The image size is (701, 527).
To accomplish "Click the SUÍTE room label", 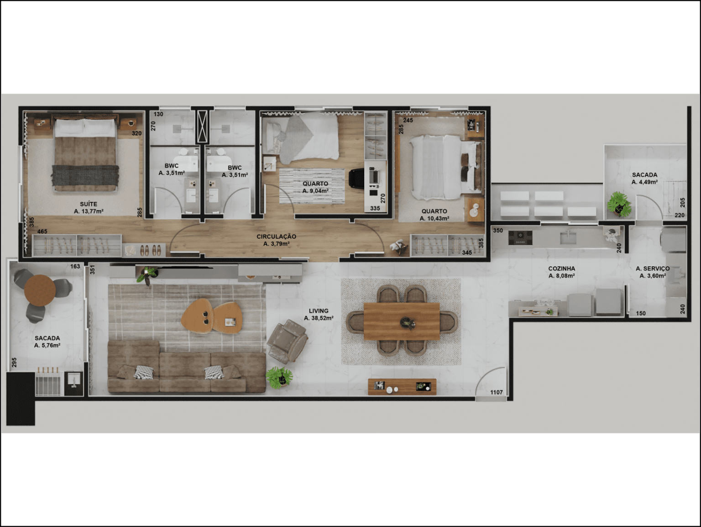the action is click(89, 204).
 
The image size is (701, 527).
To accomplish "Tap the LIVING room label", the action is click(319, 311).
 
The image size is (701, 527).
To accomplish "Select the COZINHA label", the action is click(561, 269).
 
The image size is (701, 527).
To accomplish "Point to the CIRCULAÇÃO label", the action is click(276, 237).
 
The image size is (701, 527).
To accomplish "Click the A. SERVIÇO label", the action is click(653, 269).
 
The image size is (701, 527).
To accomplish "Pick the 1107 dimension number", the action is click(496, 392).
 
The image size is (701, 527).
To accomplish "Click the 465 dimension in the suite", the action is click(42, 232).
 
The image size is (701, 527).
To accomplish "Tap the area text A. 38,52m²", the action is click(319, 318).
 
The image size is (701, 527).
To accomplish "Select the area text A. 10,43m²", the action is click(434, 218).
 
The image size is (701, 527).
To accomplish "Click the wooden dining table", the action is click(402, 321).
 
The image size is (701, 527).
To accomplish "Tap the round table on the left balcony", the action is click(40, 290).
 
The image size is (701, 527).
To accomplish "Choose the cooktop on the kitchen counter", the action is click(520, 238).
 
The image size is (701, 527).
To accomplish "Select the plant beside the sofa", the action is click(279, 377).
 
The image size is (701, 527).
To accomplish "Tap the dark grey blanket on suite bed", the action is click(85, 175).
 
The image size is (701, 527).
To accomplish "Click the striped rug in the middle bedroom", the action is click(312, 186).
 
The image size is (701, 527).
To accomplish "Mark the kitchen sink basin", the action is click(568, 238).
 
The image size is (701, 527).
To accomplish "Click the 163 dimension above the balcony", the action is click(75, 266).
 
